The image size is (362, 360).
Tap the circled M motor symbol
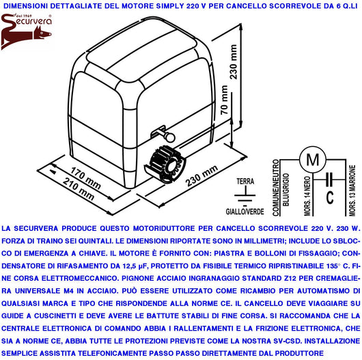314,160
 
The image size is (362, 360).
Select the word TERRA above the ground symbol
244,181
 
